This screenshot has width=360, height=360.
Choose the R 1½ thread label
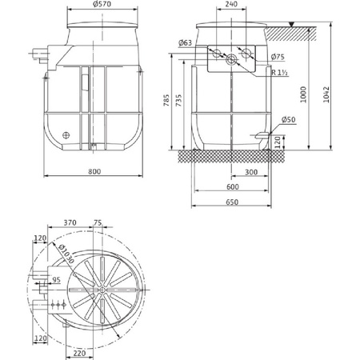pos(280,73)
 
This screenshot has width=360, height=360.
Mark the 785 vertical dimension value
pos(166,102)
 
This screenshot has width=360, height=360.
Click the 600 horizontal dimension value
pos(231,186)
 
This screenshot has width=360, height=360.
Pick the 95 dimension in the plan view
pos(57,280)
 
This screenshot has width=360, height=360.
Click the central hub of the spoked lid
pos(102,290)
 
